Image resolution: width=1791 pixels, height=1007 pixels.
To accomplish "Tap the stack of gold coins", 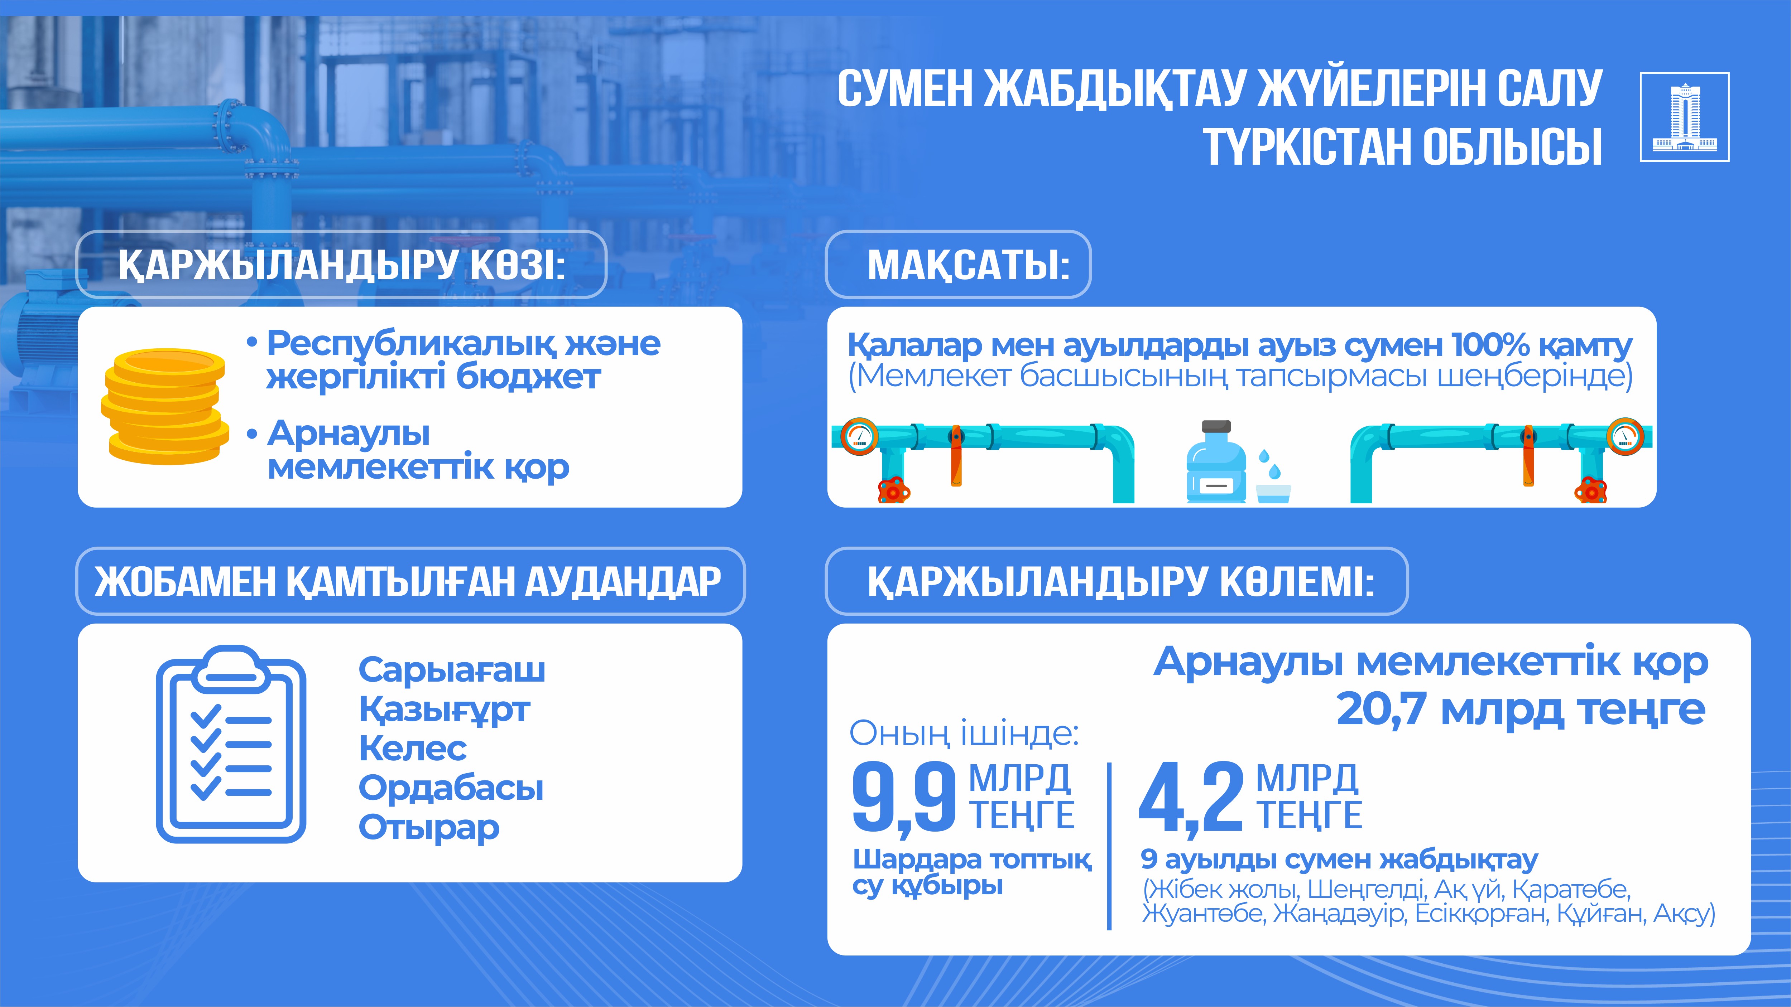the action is tap(165, 407).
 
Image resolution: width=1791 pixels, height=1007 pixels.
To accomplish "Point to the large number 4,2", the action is tap(1191, 798).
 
